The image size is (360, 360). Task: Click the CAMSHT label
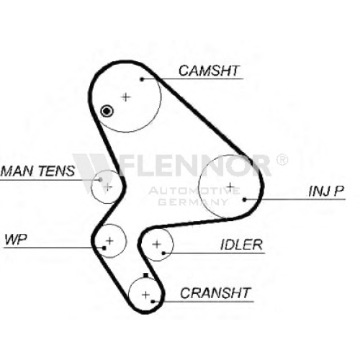click(x=209, y=71)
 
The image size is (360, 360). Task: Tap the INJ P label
click(x=326, y=191)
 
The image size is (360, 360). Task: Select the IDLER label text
click(x=241, y=245)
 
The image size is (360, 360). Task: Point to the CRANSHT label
click(x=215, y=293)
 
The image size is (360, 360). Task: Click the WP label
click(x=16, y=239)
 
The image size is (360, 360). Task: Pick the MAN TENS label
click(x=37, y=171)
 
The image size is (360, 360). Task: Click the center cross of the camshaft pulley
click(x=125, y=97)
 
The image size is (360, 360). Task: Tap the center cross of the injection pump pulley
click(x=230, y=186)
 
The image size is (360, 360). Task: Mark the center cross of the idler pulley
click(x=157, y=244)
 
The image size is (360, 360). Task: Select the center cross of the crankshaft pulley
click(x=146, y=294)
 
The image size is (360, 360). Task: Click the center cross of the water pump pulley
click(x=109, y=240)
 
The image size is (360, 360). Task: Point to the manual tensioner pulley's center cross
click(x=108, y=186)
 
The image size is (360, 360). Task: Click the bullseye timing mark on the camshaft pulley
click(x=107, y=111)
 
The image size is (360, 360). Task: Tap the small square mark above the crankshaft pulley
click(x=145, y=276)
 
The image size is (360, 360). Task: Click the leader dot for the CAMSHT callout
click(x=142, y=79)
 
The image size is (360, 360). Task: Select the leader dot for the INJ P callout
click(x=244, y=199)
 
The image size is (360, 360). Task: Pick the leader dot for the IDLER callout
click(x=163, y=253)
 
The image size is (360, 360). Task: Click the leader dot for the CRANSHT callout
click(x=153, y=302)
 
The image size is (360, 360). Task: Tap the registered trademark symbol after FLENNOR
click(x=282, y=160)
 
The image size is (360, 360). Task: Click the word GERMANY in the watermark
click(x=193, y=202)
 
